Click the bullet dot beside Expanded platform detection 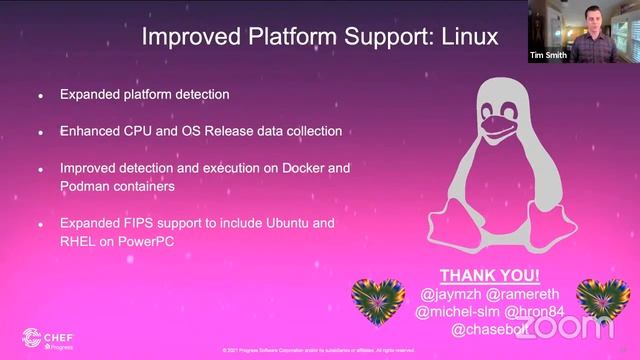40,96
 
